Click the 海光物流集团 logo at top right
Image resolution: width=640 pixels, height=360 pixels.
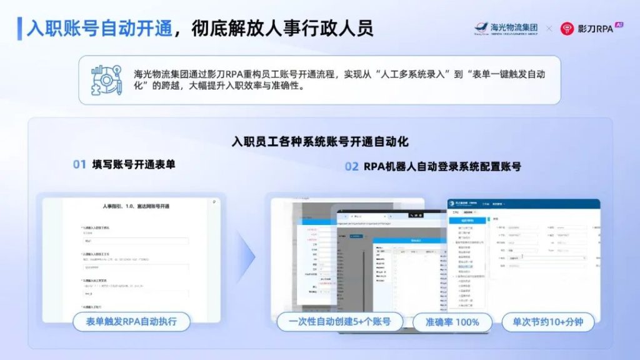(506, 28)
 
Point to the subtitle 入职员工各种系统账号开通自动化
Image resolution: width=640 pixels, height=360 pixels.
(319, 142)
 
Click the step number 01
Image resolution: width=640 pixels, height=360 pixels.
(79, 165)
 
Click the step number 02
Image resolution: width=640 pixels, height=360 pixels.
(352, 167)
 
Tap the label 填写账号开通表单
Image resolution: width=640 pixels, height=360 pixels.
(134, 165)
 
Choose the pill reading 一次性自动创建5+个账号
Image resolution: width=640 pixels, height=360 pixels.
(339, 322)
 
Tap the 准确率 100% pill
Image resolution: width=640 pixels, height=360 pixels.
(452, 322)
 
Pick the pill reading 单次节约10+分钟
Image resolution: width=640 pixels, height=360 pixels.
(547, 322)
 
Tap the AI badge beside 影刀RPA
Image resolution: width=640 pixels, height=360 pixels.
(619, 24)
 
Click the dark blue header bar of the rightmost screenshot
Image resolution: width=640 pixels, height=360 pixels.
(524, 204)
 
